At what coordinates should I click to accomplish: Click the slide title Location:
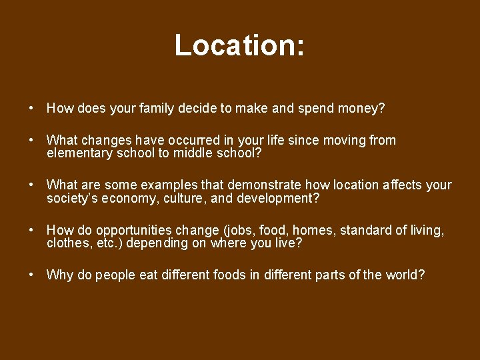(239, 45)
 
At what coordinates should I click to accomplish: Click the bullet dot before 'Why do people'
(31, 275)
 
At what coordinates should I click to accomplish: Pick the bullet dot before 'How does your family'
(31, 107)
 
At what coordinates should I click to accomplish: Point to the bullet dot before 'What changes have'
(31, 140)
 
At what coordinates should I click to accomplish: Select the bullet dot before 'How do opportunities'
(31, 230)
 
